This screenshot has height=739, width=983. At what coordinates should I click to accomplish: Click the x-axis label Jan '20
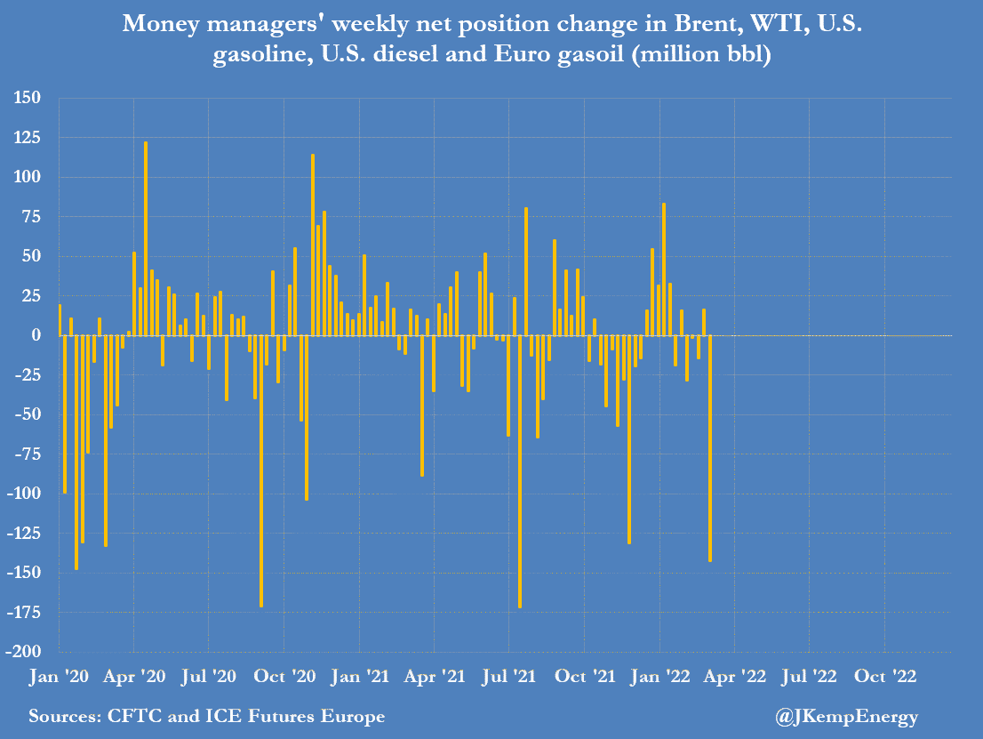pos(58,676)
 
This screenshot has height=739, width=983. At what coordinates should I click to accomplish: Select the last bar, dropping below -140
pos(710,448)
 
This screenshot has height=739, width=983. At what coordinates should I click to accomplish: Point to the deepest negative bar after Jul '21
pos(520,471)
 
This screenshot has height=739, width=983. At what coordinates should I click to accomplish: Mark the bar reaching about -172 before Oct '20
pos(261,471)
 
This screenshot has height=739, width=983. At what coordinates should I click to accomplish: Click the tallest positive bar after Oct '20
pos(313,245)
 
